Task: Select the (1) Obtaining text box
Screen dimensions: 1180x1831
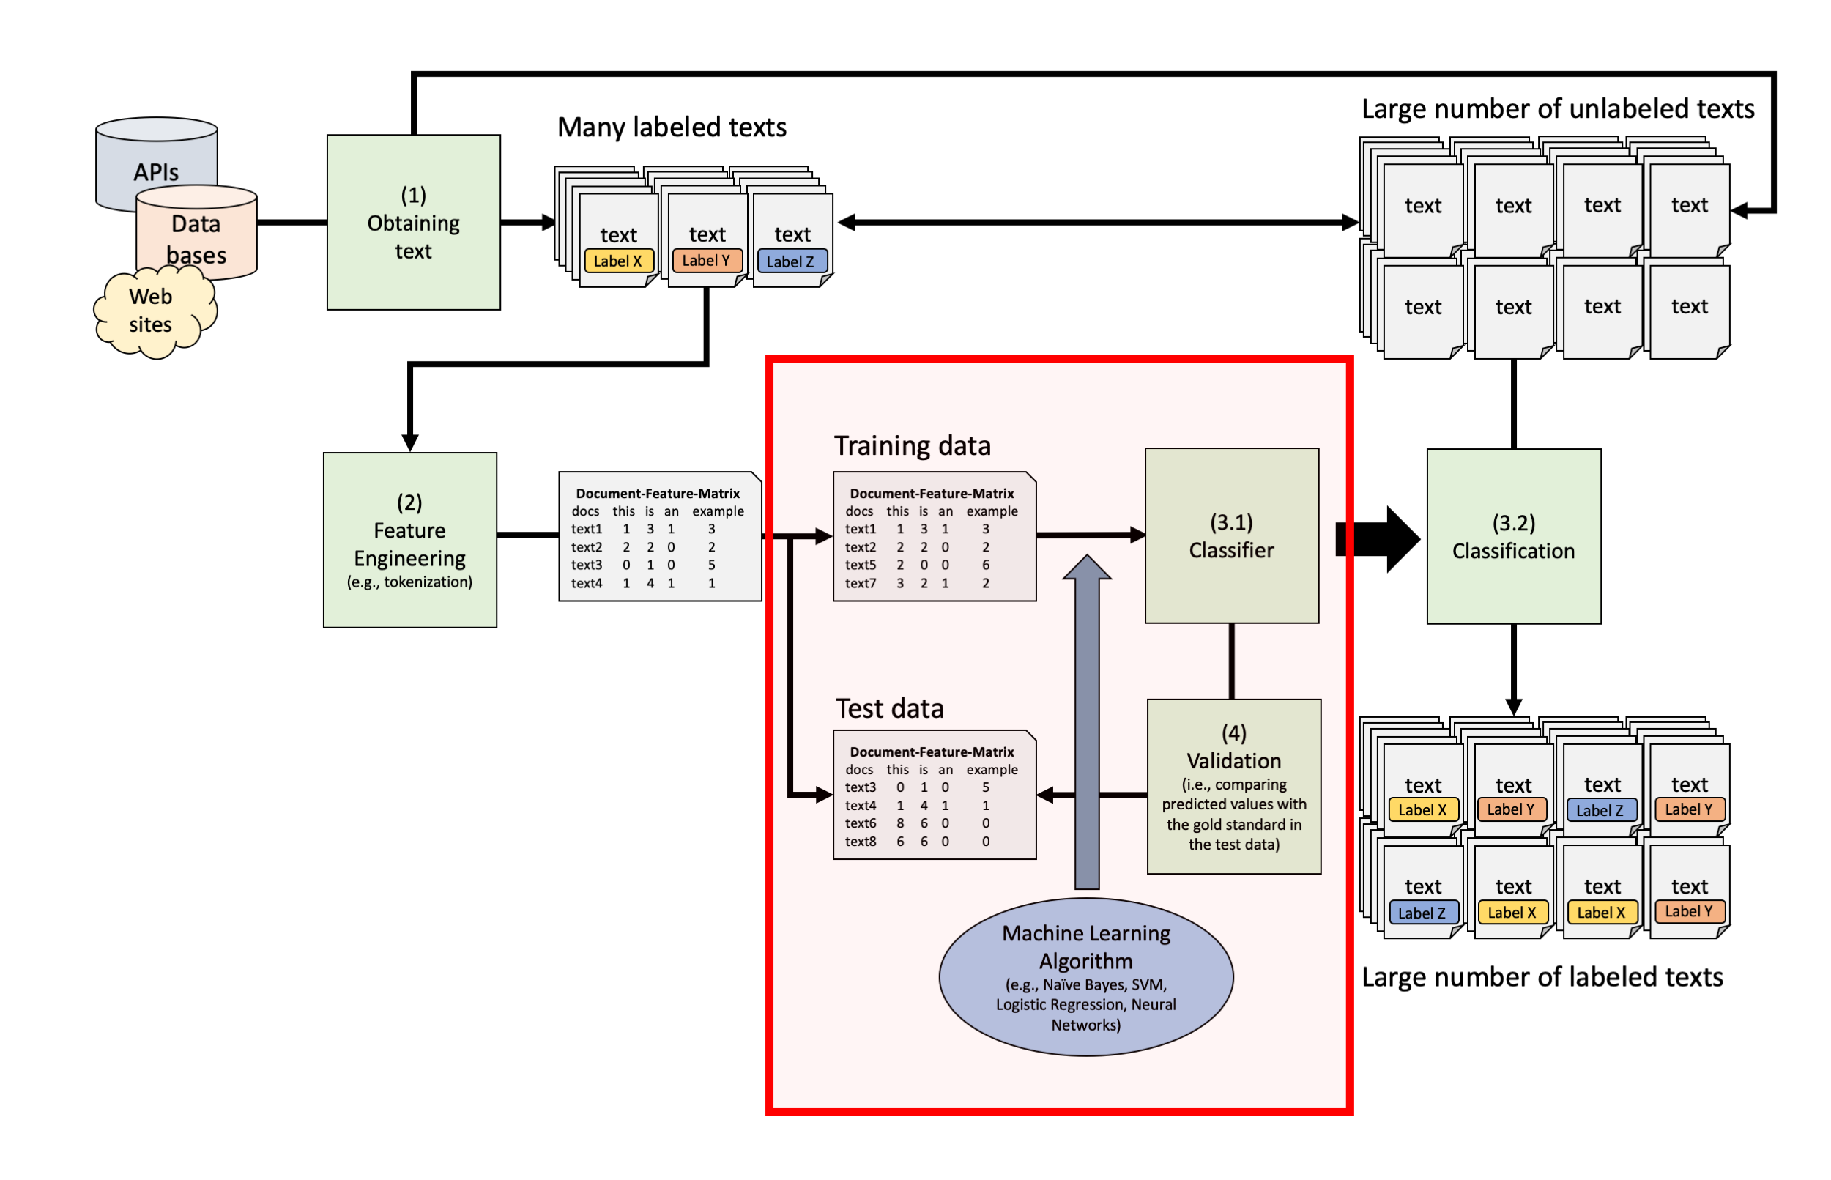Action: click(x=413, y=222)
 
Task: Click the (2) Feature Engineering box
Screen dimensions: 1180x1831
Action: click(x=409, y=541)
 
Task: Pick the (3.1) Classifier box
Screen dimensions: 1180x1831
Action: click(x=1230, y=535)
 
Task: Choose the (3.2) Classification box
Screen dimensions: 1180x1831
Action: click(x=1512, y=536)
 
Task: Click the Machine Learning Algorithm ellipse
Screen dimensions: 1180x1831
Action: click(x=1085, y=977)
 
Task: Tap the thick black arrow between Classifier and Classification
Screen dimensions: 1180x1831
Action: click(x=1375, y=538)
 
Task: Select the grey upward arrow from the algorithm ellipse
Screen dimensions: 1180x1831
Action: click(x=1085, y=728)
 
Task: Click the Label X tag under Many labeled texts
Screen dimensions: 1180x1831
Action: click(x=617, y=261)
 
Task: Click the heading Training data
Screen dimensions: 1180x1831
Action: click(x=912, y=446)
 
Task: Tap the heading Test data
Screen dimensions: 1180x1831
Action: click(x=888, y=709)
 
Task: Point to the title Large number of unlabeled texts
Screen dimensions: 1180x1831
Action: click(x=1557, y=109)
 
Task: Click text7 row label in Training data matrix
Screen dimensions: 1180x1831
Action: click(x=860, y=583)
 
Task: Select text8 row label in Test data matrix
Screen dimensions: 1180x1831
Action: click(x=860, y=842)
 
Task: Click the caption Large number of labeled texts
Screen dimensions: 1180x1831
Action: click(x=1542, y=977)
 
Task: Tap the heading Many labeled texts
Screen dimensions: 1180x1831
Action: click(x=671, y=127)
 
